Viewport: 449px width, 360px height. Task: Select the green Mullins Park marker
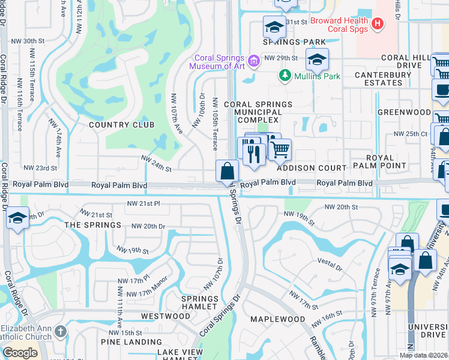(285, 76)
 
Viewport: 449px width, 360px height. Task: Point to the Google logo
(20, 353)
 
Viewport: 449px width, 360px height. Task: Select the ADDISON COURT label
(312, 169)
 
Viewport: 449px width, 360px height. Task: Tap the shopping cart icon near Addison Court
(279, 149)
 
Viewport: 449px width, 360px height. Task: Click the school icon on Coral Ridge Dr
(18, 218)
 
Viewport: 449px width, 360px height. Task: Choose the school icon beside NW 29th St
(316, 59)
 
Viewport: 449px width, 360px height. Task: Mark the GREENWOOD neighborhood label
(404, 112)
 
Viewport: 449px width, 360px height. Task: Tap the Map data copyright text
(423, 355)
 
